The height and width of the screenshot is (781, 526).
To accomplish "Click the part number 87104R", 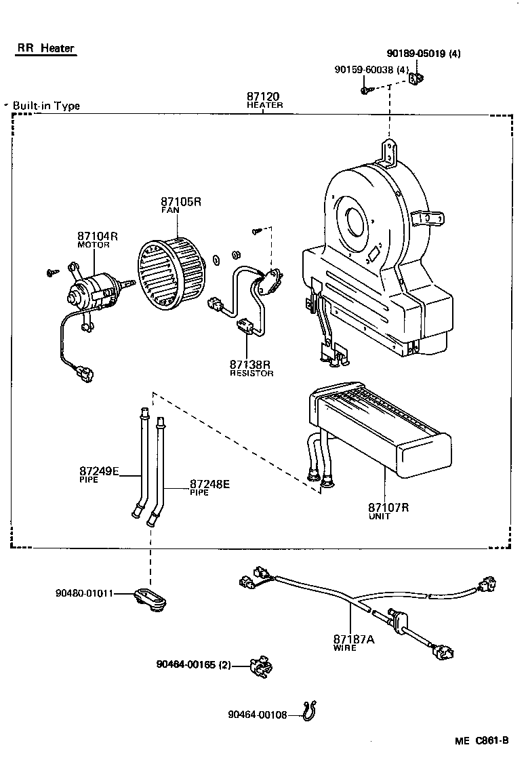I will pyautogui.click(x=98, y=236).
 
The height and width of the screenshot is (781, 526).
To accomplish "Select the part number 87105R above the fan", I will pyautogui.click(x=182, y=201).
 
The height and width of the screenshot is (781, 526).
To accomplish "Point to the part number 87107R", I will pyautogui.click(x=389, y=507).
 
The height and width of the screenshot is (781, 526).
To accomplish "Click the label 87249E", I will pyautogui.click(x=99, y=470).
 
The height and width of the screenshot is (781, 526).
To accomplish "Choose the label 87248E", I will pyautogui.click(x=209, y=483).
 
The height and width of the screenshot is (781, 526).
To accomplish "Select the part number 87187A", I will pyautogui.click(x=354, y=639).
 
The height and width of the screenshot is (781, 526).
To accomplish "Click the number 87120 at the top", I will pyautogui.click(x=264, y=97).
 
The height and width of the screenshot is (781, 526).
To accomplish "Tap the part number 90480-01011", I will pyautogui.click(x=84, y=593).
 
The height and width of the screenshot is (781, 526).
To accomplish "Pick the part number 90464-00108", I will pyautogui.click(x=258, y=714).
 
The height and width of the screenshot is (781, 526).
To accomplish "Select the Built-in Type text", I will pyautogui.click(x=46, y=106).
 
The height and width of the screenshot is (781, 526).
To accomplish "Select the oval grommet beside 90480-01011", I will pyautogui.click(x=150, y=599).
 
